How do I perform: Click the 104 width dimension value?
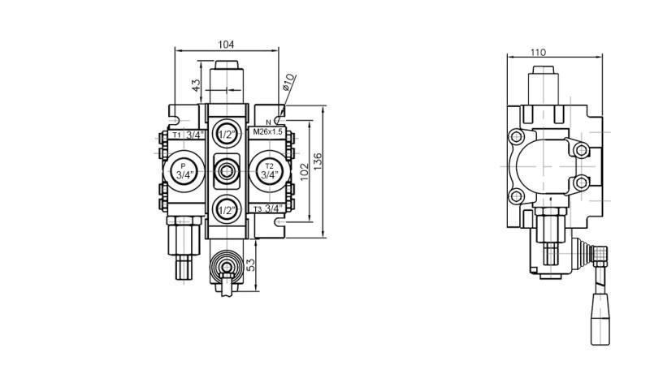[x=226, y=45]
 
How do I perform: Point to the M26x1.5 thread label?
[x=268, y=131]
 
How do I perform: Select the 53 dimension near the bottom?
[x=250, y=264]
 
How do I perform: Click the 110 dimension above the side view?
[x=538, y=52]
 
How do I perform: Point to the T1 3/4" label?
[x=187, y=135]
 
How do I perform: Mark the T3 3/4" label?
[x=267, y=208]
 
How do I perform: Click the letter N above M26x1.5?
[x=267, y=122]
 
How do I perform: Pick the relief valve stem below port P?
[x=182, y=247]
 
